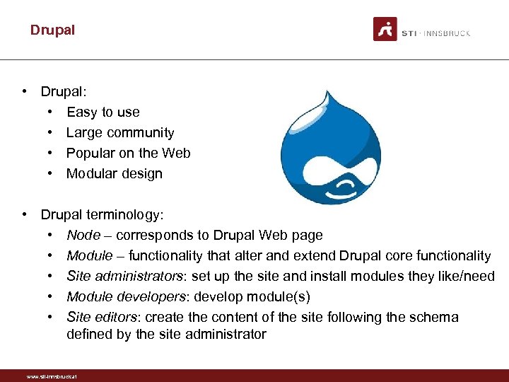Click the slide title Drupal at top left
[52, 30]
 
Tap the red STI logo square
[385, 29]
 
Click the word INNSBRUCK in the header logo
[447, 33]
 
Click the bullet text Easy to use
[103, 112]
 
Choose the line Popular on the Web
[128, 153]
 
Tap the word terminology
[124, 214]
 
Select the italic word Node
[82, 235]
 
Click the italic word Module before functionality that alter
[89, 255]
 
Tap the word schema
[435, 317]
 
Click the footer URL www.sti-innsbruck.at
[51, 376]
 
